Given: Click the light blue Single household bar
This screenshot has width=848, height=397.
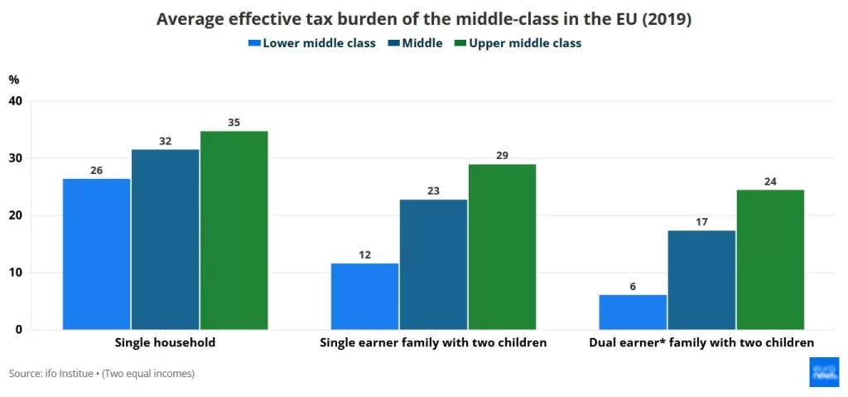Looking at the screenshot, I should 96,254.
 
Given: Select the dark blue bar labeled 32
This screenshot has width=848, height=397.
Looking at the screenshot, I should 165,240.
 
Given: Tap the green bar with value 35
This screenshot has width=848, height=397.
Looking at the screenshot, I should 234,230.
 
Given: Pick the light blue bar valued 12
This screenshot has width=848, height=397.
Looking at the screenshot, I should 364,296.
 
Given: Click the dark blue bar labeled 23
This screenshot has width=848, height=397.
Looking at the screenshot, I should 433,264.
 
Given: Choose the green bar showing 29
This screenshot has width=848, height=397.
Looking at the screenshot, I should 502,247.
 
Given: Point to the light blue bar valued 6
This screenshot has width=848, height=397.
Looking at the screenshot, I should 633,312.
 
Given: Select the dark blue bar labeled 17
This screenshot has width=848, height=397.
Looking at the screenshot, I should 701,279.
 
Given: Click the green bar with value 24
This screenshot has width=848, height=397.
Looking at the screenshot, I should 770,259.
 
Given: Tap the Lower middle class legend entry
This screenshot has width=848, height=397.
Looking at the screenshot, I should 312,43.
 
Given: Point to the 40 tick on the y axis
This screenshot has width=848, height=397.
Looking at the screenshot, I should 15,101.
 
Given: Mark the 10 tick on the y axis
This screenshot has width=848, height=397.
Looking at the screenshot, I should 15,273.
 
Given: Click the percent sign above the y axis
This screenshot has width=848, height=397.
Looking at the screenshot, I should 14,80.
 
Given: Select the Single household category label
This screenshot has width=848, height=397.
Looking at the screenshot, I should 165,342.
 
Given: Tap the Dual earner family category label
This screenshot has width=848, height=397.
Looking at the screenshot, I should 701,342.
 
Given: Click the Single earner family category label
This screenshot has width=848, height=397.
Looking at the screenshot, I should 433,342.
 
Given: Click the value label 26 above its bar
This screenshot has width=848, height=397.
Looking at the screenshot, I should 96,170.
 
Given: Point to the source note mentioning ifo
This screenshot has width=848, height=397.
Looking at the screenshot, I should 102,374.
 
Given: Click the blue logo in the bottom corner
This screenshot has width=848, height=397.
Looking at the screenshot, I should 824,372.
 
